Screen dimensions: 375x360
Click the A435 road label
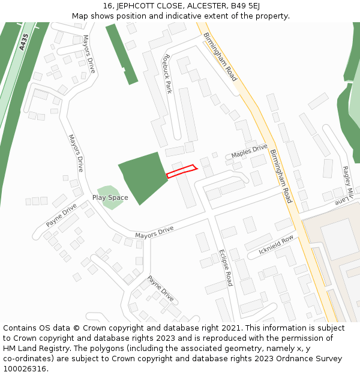point(24,42)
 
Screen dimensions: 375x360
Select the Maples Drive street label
point(249,151)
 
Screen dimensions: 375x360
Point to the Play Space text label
point(110,197)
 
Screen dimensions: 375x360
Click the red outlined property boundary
point(181,171)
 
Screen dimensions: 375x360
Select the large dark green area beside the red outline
point(143,176)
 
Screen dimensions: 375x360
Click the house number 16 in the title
point(107,5)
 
